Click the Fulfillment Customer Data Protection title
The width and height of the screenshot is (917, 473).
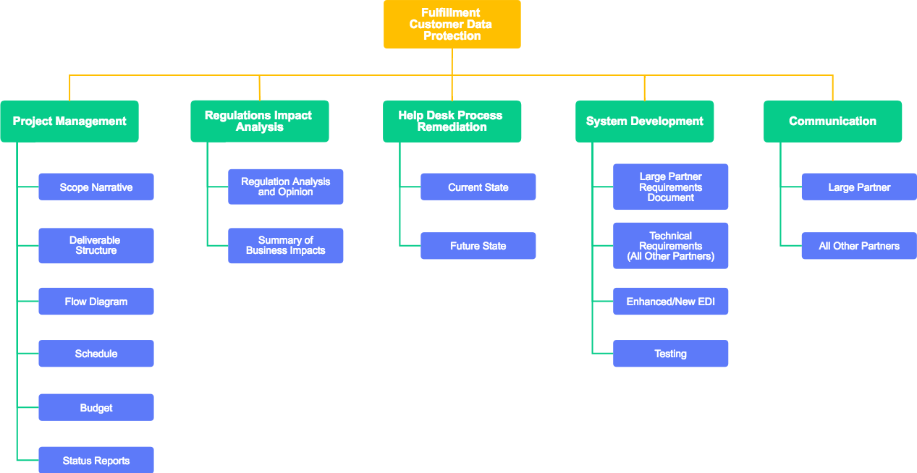click(451, 25)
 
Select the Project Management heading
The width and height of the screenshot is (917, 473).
click(69, 122)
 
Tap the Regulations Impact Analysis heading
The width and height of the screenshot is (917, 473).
click(258, 122)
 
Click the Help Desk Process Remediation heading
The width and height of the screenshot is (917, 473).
click(451, 122)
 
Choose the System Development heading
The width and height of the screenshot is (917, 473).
click(644, 122)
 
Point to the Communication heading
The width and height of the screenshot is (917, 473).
click(832, 122)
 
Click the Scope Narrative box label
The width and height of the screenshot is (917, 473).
click(96, 187)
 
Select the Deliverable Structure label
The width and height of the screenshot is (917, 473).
click(96, 245)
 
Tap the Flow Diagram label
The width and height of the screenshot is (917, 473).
click(96, 302)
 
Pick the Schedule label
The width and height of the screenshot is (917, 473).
click(96, 354)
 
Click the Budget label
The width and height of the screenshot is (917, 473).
click(96, 408)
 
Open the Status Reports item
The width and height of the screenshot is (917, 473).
click(96, 461)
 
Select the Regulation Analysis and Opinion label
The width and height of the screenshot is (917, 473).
click(286, 187)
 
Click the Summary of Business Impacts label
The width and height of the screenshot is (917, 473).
click(286, 245)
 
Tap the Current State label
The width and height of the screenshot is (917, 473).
click(478, 187)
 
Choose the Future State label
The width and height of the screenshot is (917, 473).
click(478, 246)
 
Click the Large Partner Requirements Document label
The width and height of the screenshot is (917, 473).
click(671, 187)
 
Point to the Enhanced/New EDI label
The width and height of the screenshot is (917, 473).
click(671, 302)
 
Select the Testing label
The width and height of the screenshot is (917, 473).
click(671, 354)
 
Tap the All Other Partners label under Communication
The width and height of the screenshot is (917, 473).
click(859, 246)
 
